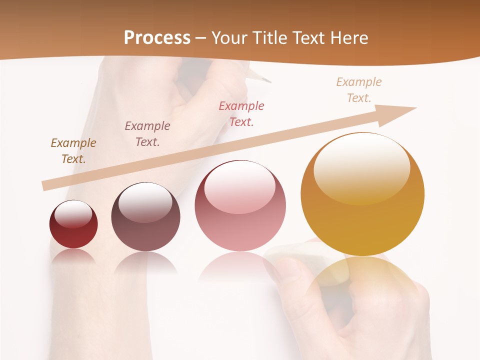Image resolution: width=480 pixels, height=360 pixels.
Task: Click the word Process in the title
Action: coord(157,38)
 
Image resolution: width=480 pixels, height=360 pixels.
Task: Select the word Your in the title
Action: coord(229,38)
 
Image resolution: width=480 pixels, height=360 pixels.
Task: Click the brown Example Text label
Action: coord(73,151)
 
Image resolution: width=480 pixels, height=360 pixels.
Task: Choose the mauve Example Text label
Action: coord(147,134)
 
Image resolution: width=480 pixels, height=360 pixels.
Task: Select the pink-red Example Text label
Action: coord(241,113)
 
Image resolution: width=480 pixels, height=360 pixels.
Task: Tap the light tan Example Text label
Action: coord(359,90)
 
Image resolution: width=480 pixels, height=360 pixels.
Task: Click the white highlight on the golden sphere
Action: coord(362,167)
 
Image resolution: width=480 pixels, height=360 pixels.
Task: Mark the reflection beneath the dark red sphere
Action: coord(73,256)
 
